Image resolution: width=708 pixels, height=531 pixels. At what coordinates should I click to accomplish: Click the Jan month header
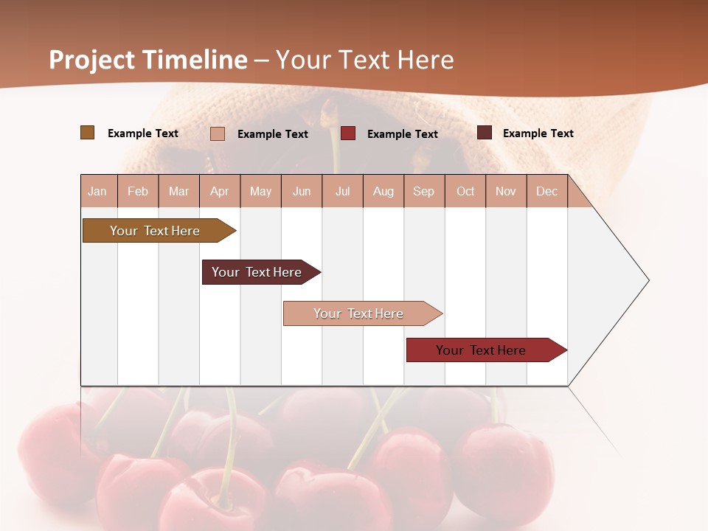(98, 191)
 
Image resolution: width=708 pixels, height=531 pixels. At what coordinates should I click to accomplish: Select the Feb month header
(138, 191)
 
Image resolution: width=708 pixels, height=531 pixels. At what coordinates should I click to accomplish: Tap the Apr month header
(220, 191)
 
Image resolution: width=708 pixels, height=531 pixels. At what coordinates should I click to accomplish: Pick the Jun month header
(302, 191)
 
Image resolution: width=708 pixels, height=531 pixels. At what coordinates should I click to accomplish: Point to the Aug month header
(383, 191)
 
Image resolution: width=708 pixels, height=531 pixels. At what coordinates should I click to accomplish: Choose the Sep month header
(424, 191)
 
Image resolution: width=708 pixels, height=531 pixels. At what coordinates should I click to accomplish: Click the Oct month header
(465, 191)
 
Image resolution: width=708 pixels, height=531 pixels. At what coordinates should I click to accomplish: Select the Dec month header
(547, 191)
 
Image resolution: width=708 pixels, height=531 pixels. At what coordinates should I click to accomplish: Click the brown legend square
(88, 133)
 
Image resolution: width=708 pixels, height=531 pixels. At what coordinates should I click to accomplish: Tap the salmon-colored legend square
(218, 133)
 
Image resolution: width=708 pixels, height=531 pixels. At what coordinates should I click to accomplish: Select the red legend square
(348, 133)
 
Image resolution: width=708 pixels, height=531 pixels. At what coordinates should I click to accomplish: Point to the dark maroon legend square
(485, 133)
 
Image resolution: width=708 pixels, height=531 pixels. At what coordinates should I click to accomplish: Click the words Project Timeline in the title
(148, 60)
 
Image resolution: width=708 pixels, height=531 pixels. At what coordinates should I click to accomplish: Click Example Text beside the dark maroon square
(538, 133)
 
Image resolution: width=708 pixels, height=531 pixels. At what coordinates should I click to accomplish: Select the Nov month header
(506, 191)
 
